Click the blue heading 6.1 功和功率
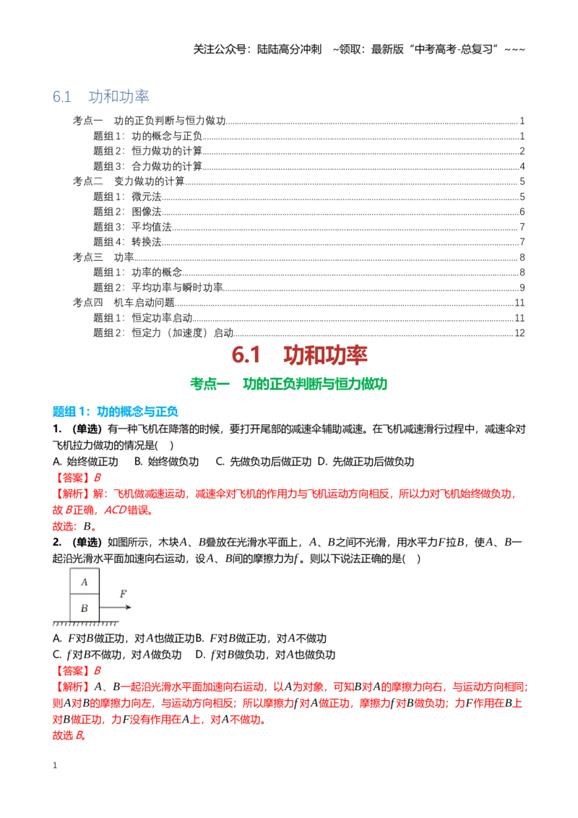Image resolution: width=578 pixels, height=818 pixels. (100, 97)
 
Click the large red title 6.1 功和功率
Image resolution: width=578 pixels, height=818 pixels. (299, 356)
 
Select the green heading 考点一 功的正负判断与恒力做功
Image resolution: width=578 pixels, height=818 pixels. (288, 384)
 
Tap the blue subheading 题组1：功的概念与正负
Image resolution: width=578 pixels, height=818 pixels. (116, 412)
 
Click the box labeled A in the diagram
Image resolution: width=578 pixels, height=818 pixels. (85, 581)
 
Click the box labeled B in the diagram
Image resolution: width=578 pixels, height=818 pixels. (85, 608)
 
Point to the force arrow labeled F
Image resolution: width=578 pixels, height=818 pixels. (116, 607)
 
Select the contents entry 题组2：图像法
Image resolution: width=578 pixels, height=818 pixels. (127, 212)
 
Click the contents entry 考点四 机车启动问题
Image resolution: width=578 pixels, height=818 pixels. (124, 303)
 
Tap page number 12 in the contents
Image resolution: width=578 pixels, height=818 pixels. (519, 333)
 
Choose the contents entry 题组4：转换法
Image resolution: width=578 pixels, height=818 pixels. (127, 242)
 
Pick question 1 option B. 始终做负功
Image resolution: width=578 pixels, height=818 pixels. (166, 462)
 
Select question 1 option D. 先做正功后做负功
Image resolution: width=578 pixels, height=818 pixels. (366, 462)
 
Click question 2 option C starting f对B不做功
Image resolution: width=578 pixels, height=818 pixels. (117, 655)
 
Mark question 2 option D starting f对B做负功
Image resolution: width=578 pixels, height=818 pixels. (265, 655)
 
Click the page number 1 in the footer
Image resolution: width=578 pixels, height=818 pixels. (55, 765)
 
